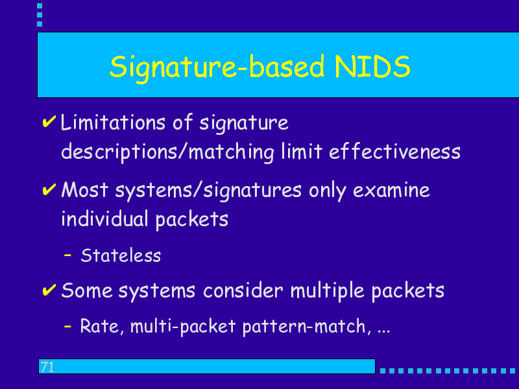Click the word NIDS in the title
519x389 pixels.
coord(372,67)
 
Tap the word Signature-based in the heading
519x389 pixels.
coord(217,68)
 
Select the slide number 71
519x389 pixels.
coord(47,367)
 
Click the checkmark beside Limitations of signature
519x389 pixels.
coord(49,121)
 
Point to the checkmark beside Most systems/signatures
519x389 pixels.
coord(49,189)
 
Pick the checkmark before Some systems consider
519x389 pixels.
coord(49,290)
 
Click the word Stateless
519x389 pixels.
coord(121,255)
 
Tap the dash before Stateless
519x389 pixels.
coord(67,255)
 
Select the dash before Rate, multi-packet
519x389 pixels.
coord(67,326)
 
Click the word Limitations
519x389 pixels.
coord(113,123)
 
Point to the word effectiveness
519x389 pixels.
coord(394,152)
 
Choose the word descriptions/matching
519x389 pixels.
coord(167,152)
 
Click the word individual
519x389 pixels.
coord(104,218)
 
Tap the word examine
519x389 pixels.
coord(391,190)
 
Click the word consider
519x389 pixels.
coord(243,290)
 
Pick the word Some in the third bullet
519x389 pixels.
coord(87,290)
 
